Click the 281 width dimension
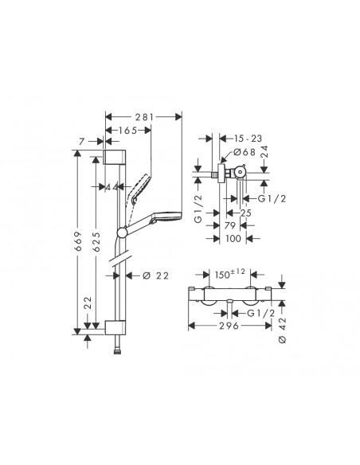pyautogui.click(x=145, y=117)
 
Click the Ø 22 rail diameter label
pyautogui.click(x=155, y=276)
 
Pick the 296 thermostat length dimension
pyautogui.click(x=229, y=326)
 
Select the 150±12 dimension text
pyautogui.click(x=230, y=274)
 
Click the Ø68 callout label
pyautogui.click(x=245, y=152)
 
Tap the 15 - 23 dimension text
pyautogui.click(x=248, y=139)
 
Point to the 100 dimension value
pyautogui.click(x=233, y=238)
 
